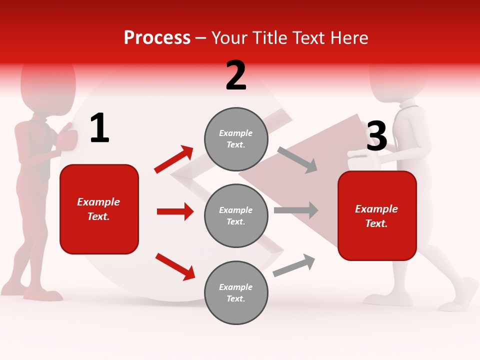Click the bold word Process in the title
tap(157, 38)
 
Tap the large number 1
tap(99, 128)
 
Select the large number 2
tap(236, 75)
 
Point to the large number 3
tap(376, 136)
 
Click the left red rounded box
tap(99, 209)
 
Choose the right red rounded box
tap(377, 216)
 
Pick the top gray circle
tap(236, 139)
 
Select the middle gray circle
tap(236, 216)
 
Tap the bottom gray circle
tap(236, 293)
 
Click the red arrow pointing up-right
tap(174, 159)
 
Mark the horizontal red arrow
tap(175, 211)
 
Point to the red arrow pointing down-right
tap(175, 266)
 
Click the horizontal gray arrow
tap(296, 210)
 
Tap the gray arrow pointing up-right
tap(294, 265)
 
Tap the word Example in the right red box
tap(376, 209)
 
